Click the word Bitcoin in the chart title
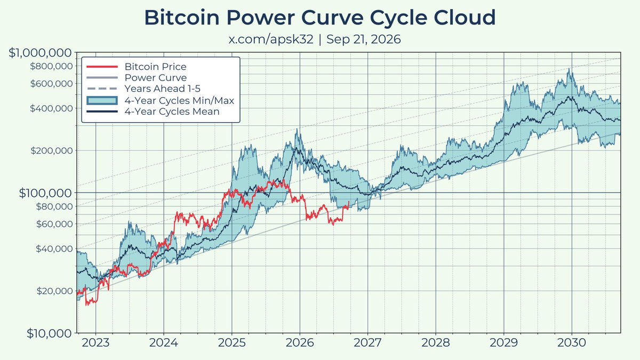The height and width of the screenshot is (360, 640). click(182, 18)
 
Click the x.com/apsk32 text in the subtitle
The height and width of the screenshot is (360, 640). click(271, 39)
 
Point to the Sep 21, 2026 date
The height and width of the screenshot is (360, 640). click(363, 39)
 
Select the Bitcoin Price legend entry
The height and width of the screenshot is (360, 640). click(137, 67)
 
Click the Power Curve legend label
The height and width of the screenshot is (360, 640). click(156, 77)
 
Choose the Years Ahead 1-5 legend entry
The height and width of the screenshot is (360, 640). click(143, 89)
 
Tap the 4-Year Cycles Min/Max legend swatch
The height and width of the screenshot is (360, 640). click(102, 101)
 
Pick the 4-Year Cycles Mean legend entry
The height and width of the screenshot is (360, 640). click(153, 111)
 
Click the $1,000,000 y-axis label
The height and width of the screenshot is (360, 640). click(40, 53)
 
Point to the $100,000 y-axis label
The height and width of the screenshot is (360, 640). click(45, 193)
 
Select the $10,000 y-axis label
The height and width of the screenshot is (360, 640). click(49, 333)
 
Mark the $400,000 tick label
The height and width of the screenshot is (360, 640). click(51, 108)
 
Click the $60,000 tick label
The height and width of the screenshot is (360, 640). click(54, 223)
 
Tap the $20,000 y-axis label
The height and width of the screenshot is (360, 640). click(54, 291)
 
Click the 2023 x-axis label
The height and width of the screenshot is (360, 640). click(95, 343)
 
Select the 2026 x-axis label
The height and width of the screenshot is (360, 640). click(300, 343)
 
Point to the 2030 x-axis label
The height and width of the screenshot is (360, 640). click(572, 343)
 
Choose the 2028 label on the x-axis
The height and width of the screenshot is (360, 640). click(436, 343)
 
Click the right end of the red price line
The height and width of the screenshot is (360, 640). click(349, 202)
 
